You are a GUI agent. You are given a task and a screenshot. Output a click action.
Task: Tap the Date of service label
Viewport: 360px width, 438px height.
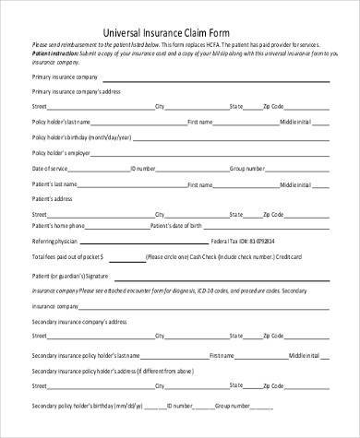[51, 168]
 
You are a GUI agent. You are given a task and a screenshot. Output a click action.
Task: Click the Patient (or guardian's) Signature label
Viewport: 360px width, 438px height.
[71, 276]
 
